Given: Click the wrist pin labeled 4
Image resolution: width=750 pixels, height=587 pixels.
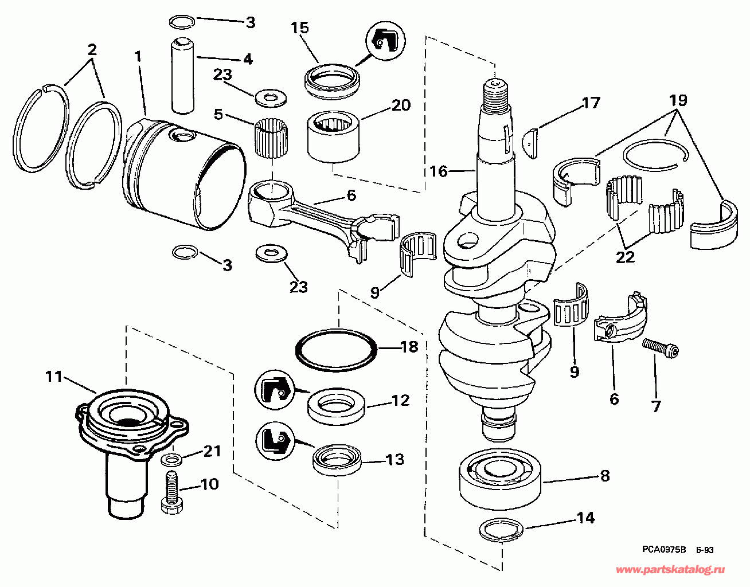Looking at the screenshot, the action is [182, 76].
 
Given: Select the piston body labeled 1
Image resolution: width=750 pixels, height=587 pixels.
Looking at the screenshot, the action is [184, 174].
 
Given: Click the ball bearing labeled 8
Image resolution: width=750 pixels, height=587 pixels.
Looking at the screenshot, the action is [501, 478].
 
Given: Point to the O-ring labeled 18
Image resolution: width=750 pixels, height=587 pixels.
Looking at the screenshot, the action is [337, 350].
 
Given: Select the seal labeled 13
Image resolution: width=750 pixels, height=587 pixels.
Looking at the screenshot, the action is [337, 460].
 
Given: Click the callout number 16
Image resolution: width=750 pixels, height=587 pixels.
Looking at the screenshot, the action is [438, 171].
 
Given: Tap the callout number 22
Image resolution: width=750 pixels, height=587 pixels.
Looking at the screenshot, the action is [625, 257].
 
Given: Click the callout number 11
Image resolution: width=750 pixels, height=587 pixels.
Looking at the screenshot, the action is [54, 377].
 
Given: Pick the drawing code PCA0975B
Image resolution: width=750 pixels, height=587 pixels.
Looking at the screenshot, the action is [664, 550].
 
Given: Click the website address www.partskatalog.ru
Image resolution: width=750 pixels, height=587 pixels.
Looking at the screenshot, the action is [670, 570].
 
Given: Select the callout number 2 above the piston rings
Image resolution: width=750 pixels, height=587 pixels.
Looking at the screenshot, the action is [92, 50].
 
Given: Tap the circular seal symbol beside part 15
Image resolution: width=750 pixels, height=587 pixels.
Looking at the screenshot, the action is [385, 41].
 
